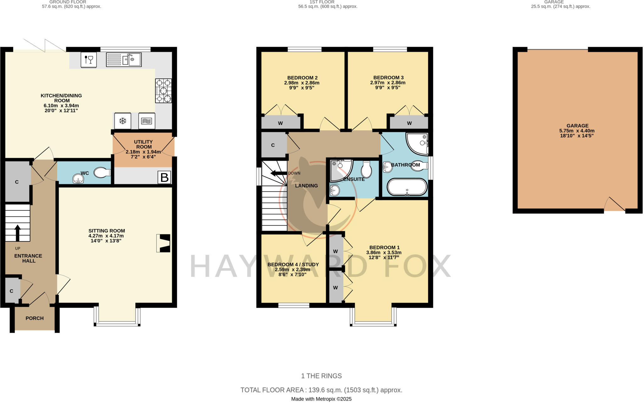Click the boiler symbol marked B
coord(164,177)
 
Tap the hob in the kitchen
coord(164,91)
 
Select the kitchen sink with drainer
coord(124,60)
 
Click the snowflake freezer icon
coord(123,121)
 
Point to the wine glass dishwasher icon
coord(89,59)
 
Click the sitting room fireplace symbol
coord(164,243)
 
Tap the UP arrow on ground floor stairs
coord(18,232)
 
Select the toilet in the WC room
coord(103,172)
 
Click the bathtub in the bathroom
coord(407,187)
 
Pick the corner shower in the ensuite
coord(341,170)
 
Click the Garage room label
coord(577,126)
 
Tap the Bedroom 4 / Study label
coord(293,264)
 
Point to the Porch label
coord(35,318)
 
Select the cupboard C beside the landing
coord(273,145)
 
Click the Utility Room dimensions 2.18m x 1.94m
coord(143,152)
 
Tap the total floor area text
coord(321,390)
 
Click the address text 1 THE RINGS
coord(321,376)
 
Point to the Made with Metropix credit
coord(321,399)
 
